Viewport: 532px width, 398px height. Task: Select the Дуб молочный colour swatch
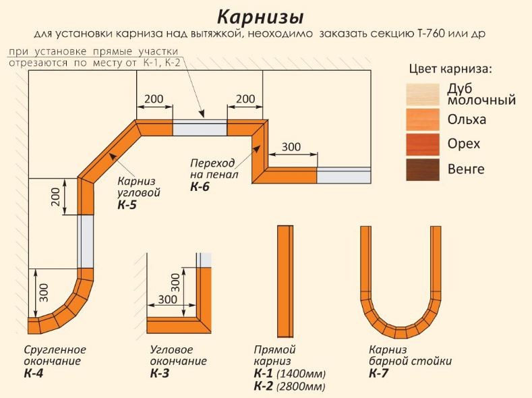tap(423, 94)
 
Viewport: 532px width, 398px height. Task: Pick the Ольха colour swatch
tap(423, 119)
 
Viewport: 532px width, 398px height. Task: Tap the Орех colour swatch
tap(423, 144)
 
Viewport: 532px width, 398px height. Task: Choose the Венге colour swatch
tap(423, 169)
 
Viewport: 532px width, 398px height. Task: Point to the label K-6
tap(200, 187)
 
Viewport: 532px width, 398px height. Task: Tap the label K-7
tap(379, 373)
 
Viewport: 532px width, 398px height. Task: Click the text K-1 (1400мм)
tap(289, 374)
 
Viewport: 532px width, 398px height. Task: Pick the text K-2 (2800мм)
tap(289, 387)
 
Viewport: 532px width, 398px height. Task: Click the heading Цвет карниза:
tap(451, 69)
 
